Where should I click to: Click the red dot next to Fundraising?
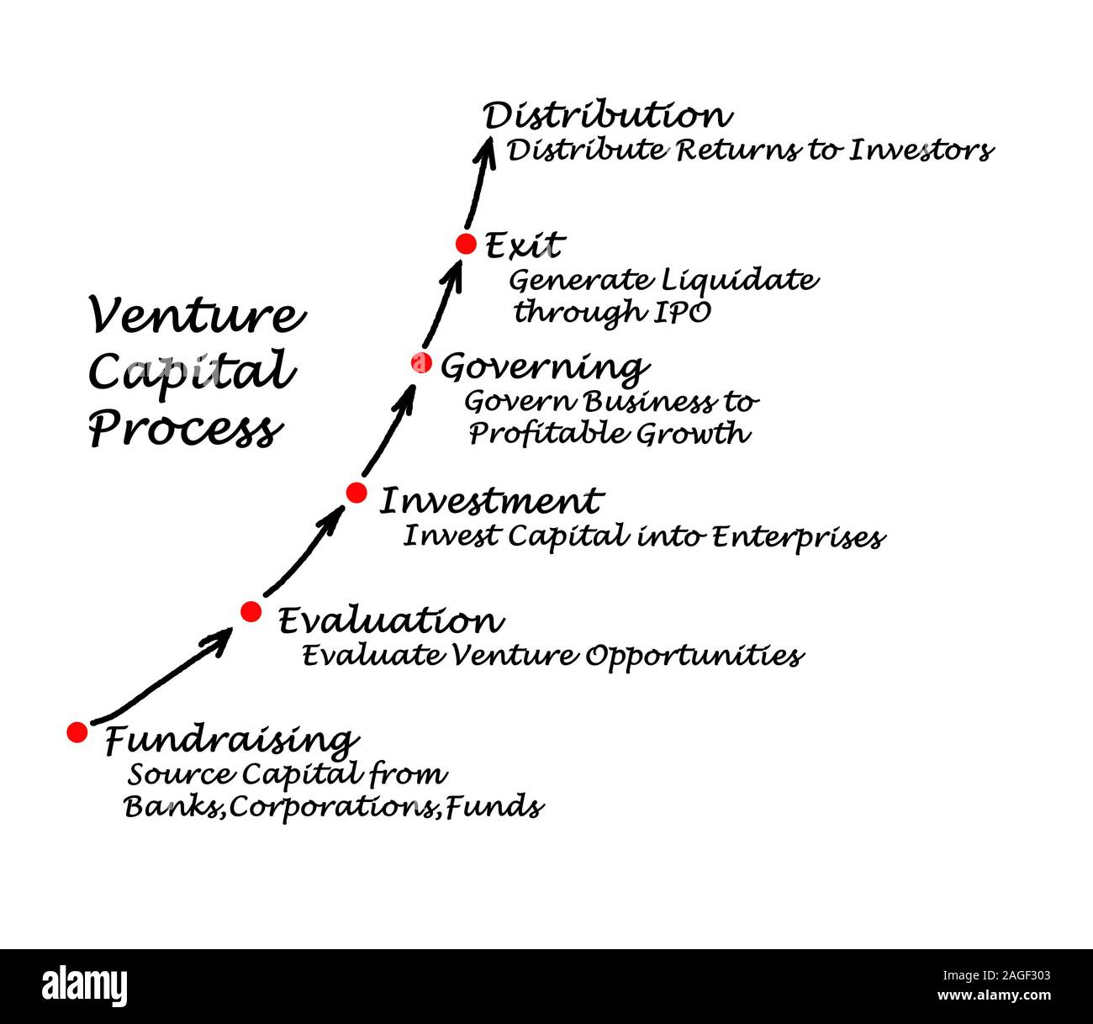77,732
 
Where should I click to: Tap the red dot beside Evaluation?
251,611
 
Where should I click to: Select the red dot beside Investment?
356,493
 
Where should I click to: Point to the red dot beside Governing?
421,363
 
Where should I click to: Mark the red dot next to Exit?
466,244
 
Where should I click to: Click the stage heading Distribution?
607,116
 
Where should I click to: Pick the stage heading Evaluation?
390,621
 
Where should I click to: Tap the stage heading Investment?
491,501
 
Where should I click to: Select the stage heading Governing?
544,367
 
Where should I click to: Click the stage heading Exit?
525,245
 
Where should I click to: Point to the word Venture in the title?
197,316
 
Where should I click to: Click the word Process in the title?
184,430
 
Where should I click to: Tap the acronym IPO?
682,312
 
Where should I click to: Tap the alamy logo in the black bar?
85,985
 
